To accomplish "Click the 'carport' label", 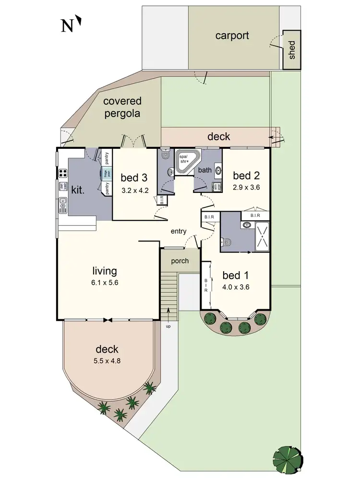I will click(232, 36).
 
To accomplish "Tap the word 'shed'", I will click(291, 50).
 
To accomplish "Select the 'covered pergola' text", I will click(122, 107).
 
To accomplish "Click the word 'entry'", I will click(179, 232).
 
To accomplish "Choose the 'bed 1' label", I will click(236, 276).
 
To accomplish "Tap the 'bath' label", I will click(205, 170).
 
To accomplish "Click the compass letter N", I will click(67, 25).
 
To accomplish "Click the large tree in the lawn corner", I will click(287, 458).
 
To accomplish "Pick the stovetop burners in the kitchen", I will click(62, 173).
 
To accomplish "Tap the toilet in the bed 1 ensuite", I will click(228, 243).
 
